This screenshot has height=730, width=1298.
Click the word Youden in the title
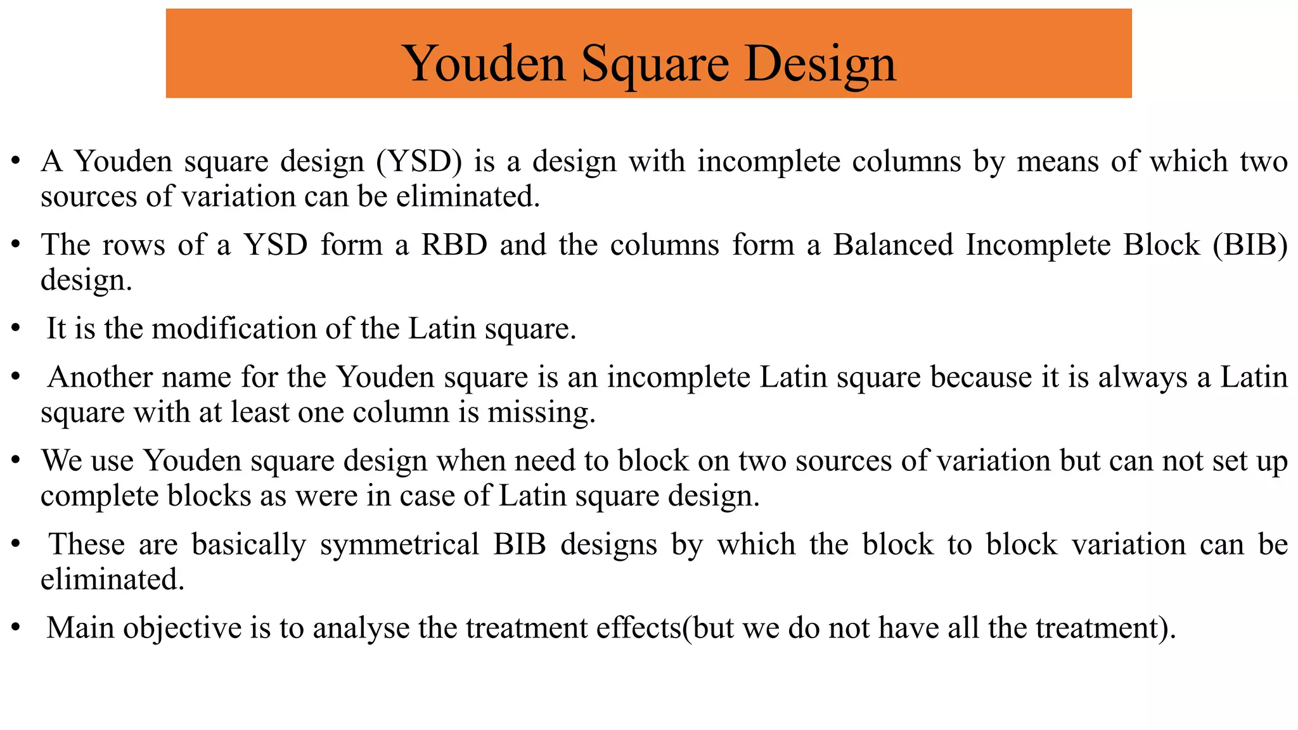click(484, 64)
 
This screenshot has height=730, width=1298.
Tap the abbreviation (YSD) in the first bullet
click(419, 162)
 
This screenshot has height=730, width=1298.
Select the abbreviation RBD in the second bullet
click(454, 245)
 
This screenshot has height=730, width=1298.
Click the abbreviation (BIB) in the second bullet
click(1250, 245)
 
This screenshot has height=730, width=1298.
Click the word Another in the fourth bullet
click(94, 377)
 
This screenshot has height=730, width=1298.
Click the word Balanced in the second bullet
click(892, 245)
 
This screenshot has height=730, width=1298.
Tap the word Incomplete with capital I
click(1038, 245)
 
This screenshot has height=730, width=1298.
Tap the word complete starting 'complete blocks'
click(100, 496)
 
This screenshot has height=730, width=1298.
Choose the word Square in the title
click(655, 64)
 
